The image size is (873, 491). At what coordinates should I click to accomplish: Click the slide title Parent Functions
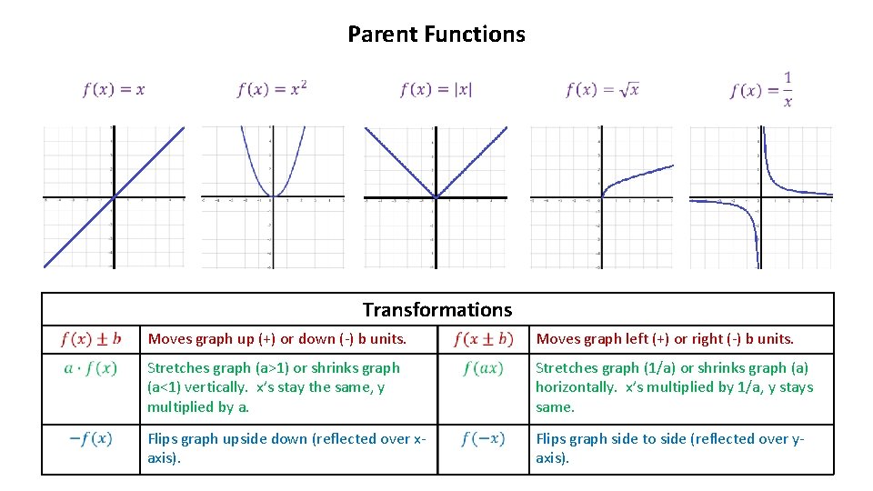pyautogui.click(x=436, y=35)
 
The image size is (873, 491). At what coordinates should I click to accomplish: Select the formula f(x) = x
pyautogui.click(x=114, y=89)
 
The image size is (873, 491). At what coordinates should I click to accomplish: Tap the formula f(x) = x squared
pyautogui.click(x=272, y=88)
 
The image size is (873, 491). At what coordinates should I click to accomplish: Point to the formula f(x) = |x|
pyautogui.click(x=436, y=89)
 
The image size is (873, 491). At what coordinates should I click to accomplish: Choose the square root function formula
pyautogui.click(x=602, y=89)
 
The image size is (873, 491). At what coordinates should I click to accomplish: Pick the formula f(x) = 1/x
pyautogui.click(x=761, y=90)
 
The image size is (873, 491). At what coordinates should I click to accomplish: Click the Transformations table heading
pyautogui.click(x=436, y=310)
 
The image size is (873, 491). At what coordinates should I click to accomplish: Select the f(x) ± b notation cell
pyautogui.click(x=90, y=339)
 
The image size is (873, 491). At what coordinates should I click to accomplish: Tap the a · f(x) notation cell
pyautogui.click(x=90, y=368)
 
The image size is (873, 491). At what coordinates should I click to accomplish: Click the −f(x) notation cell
pyautogui.click(x=90, y=439)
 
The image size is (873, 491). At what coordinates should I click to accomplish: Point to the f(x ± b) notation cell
pyautogui.click(x=483, y=339)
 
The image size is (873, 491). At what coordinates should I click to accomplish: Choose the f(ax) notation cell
pyautogui.click(x=483, y=368)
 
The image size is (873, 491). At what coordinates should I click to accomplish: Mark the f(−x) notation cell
pyautogui.click(x=483, y=439)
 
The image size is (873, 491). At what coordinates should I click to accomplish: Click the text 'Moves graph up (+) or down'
pyautogui.click(x=277, y=339)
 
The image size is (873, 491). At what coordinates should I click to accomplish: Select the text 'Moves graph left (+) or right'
pyautogui.click(x=665, y=339)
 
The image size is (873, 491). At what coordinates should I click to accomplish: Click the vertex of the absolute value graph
pyautogui.click(x=436, y=197)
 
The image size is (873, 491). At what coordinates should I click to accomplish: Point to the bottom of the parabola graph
pyautogui.click(x=270, y=196)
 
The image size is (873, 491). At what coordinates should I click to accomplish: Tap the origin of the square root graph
pyautogui.click(x=601, y=197)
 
